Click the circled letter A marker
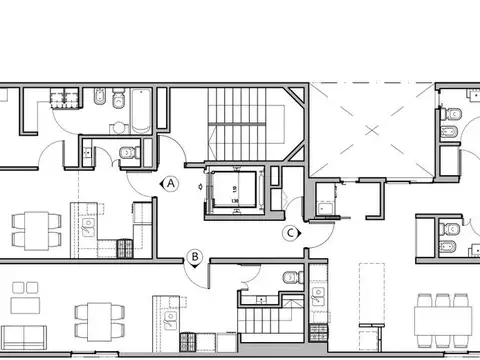[x=171, y=183]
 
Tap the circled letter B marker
[x=196, y=257]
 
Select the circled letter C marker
[x=291, y=232]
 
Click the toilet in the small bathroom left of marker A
[x=127, y=153]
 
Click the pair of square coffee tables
[x=21, y=301]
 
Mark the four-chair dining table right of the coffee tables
[x=98, y=320]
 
